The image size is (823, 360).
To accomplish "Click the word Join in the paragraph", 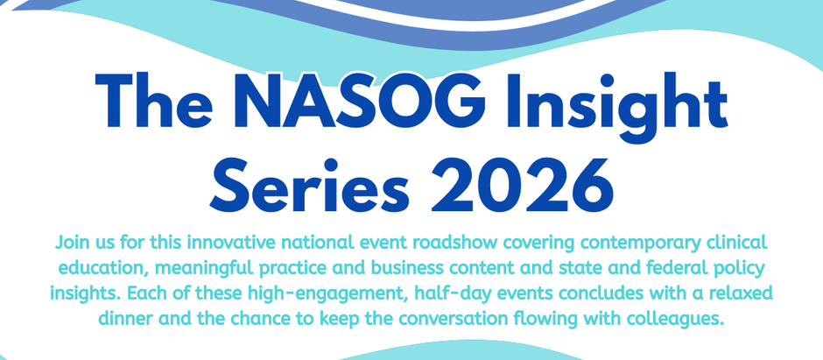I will coord(73,240).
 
